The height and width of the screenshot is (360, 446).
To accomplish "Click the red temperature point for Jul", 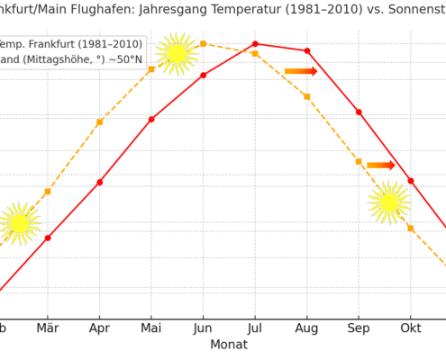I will click(x=255, y=43).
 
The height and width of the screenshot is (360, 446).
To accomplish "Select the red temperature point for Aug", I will click(x=307, y=51).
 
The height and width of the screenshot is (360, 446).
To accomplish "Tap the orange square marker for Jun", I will click(x=204, y=43).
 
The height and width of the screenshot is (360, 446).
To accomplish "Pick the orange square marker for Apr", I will click(x=100, y=122).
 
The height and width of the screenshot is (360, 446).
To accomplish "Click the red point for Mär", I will click(x=48, y=238).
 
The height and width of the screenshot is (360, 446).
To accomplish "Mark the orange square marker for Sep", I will click(x=359, y=162).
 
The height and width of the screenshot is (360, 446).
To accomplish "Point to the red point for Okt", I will click(x=411, y=181).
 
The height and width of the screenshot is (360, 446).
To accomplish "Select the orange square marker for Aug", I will click(x=307, y=96).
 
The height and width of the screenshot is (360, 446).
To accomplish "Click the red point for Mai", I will click(x=151, y=119).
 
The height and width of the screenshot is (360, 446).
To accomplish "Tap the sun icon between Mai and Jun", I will click(x=177, y=54).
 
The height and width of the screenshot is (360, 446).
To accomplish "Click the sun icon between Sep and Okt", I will click(x=389, y=202).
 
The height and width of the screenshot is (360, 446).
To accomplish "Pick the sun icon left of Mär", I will click(x=20, y=223).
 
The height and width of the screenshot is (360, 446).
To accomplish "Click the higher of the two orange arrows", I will click(x=301, y=71).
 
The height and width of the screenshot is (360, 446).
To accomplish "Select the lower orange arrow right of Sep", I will click(x=381, y=166).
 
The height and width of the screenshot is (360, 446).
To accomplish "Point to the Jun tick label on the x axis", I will click(x=204, y=328).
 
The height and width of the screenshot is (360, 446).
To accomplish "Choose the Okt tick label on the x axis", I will click(x=411, y=328).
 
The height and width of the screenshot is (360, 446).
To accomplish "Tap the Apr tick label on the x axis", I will click(x=100, y=328).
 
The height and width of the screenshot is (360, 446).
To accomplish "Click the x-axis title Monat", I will click(x=229, y=345).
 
